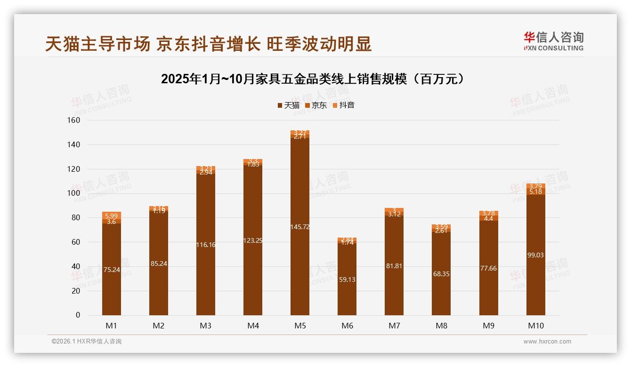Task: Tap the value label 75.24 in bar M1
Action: [112, 270]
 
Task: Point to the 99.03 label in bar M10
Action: [535, 255]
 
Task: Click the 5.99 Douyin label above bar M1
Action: [112, 215]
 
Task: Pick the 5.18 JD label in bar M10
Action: [535, 192]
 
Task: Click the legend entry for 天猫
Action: [288, 105]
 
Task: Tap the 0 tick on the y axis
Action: [78, 315]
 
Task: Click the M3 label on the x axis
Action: [206, 326]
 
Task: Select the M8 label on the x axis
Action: [441, 326]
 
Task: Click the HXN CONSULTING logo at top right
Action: [554, 41]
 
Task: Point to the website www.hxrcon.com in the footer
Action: [547, 342]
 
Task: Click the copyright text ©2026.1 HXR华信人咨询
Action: [87, 342]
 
